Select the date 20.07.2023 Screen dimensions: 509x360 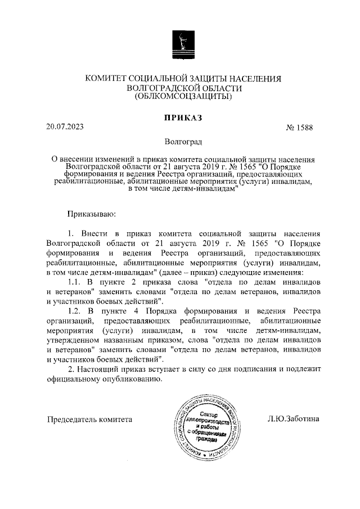pyautogui.click(x=65, y=127)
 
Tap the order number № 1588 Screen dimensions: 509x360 pyautogui.click(x=300, y=128)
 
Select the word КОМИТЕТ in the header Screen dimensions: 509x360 pyautogui.click(x=105, y=79)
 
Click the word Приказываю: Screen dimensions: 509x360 pyautogui.click(x=91, y=214)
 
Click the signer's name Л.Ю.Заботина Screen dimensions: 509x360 pyautogui.click(x=293, y=419)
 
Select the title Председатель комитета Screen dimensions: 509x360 pyautogui.click(x=89, y=419)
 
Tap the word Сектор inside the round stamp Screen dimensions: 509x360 pyautogui.click(x=209, y=413)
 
